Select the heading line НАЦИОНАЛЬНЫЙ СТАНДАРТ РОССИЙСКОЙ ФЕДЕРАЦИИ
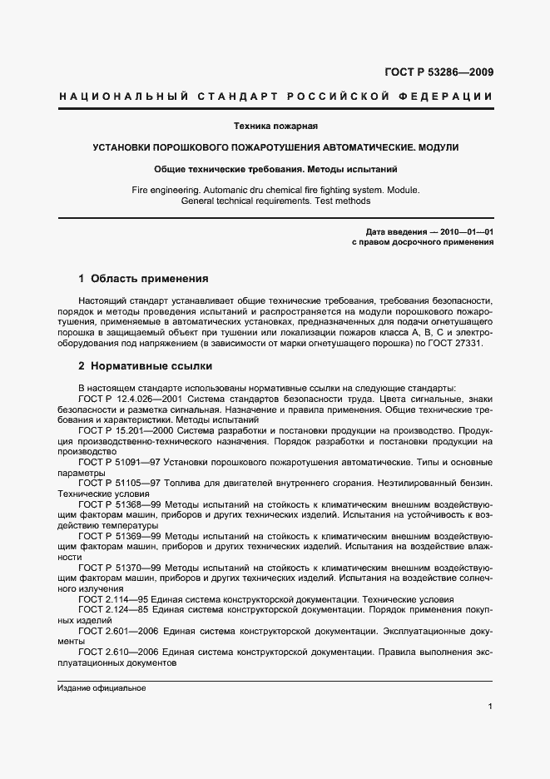pos(275,97)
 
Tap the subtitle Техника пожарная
pos(275,126)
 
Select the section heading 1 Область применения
pos(142,278)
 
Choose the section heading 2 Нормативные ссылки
pos(145,365)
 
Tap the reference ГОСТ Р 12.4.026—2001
pos(130,399)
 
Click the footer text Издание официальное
pos(102,688)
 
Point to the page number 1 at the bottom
pos(490,707)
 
